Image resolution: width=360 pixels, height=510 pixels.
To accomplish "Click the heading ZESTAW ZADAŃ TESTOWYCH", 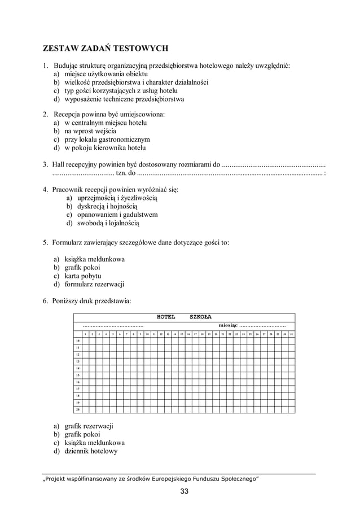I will (107, 49).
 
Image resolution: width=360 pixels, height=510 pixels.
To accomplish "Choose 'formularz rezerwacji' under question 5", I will (94, 284).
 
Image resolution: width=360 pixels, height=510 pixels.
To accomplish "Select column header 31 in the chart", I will (291, 334).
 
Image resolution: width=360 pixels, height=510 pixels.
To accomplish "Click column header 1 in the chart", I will (85, 334).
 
